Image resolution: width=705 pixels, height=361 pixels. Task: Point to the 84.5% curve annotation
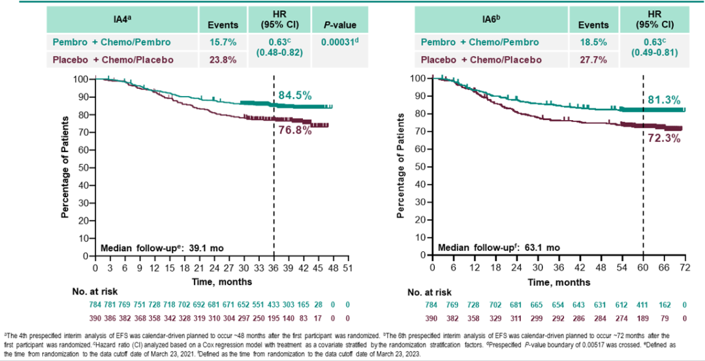295,96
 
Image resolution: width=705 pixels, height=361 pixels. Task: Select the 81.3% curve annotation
663,100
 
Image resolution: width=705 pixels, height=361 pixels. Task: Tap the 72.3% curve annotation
663,139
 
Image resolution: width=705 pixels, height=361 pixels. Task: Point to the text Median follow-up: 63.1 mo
499,248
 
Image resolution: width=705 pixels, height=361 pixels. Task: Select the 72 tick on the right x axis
685,268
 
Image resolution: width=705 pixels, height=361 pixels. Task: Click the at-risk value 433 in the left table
274,305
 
